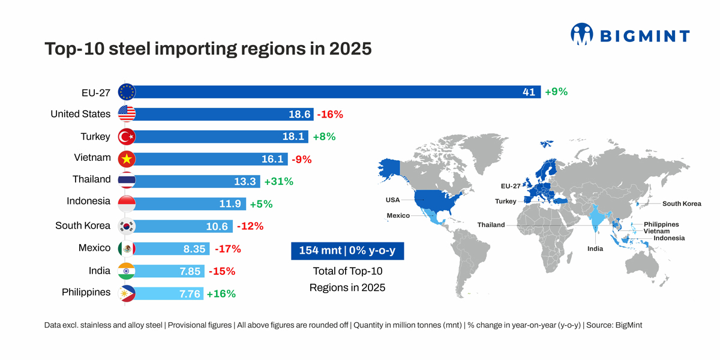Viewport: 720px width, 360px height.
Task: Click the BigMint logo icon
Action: (581, 34)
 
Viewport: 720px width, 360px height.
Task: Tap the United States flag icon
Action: (127, 114)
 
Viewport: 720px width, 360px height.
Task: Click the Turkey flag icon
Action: (127, 137)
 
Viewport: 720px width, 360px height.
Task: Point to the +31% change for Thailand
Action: (279, 181)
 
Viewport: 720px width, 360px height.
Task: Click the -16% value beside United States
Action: (329, 114)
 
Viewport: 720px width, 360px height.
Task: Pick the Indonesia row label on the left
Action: (89, 201)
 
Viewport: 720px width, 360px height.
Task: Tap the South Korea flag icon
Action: (127, 226)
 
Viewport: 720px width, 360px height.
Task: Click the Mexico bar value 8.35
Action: (194, 248)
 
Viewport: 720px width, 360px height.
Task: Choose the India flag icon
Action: (127, 271)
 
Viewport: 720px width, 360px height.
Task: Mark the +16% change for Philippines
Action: (221, 293)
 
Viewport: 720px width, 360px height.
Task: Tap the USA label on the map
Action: (393, 199)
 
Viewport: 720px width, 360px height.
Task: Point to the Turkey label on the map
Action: (505, 201)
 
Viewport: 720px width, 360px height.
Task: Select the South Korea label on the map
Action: (682, 204)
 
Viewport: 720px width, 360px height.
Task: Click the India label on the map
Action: (595, 248)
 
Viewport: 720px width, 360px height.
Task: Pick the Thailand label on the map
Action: (491, 225)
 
